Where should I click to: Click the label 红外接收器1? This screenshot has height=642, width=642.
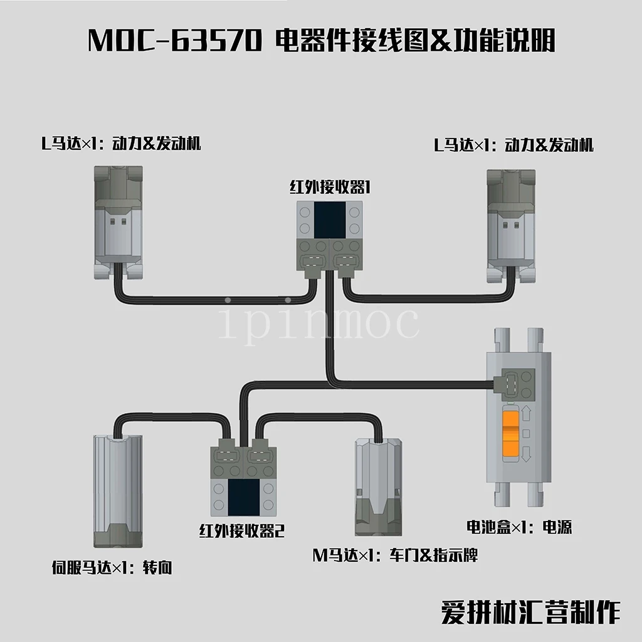coord(328,187)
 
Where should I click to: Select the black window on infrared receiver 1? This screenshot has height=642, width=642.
coord(330,220)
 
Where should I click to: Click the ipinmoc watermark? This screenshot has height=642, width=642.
coord(319,322)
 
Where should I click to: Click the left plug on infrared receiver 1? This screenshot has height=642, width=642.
coord(313,260)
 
